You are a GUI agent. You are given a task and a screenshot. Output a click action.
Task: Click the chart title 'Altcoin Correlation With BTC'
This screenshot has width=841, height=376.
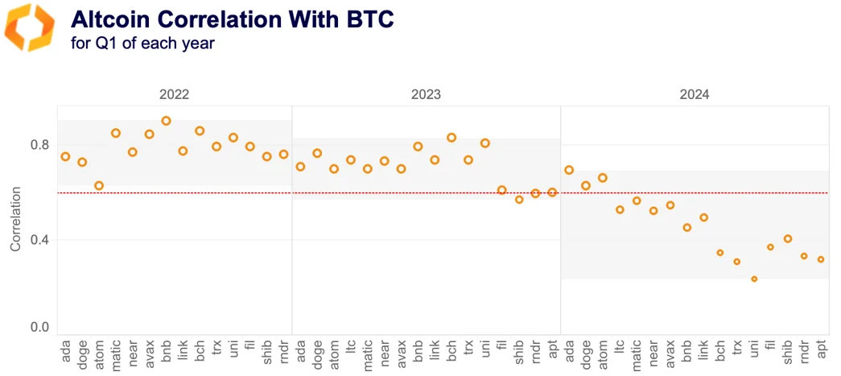click(233, 19)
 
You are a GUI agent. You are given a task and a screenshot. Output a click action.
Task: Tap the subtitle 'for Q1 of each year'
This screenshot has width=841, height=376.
click(143, 43)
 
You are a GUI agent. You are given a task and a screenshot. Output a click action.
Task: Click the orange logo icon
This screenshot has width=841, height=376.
click(30, 27)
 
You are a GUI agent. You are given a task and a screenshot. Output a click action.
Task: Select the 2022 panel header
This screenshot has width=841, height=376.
click(174, 94)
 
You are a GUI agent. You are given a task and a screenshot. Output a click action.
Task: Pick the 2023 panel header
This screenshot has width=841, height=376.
click(426, 94)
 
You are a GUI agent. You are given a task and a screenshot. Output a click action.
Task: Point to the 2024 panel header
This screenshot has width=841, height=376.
click(694, 94)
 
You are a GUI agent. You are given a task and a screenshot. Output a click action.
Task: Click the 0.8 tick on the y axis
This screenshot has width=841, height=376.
click(39, 145)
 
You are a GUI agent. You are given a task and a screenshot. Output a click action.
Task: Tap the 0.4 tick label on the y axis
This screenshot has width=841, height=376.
click(39, 240)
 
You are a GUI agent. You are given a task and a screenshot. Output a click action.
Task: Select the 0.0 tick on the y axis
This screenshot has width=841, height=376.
click(39, 328)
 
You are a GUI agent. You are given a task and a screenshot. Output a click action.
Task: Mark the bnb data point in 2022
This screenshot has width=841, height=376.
click(166, 121)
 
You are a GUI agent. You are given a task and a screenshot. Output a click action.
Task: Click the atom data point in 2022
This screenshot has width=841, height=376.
click(99, 186)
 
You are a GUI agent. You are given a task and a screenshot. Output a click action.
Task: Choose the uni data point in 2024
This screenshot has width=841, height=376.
click(754, 279)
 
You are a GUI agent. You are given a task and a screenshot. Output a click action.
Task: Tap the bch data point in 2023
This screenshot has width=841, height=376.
click(451, 138)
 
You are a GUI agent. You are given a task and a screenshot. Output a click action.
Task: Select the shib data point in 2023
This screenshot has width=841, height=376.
click(519, 200)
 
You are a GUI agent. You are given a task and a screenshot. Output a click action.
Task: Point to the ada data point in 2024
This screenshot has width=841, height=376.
click(569, 170)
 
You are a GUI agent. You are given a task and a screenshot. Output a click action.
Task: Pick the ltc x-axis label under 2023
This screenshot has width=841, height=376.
click(351, 354)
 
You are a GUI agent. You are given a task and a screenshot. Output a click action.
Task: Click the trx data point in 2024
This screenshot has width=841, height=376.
click(736, 262)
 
